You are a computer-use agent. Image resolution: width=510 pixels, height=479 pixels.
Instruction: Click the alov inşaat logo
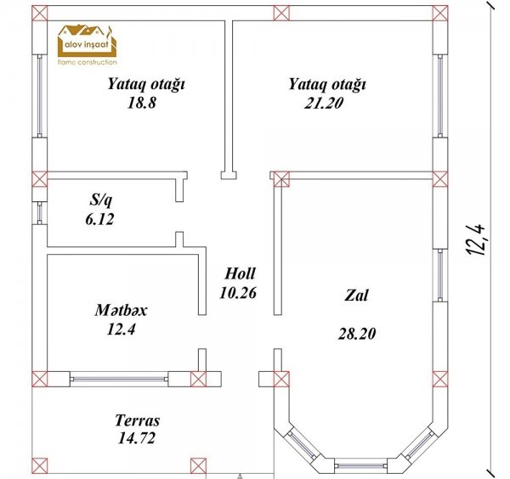point(87,45)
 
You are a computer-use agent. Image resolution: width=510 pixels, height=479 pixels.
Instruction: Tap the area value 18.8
point(142,103)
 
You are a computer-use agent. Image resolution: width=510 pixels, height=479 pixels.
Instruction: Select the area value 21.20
point(324,103)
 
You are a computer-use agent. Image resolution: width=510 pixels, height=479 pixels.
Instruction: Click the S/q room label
point(101,200)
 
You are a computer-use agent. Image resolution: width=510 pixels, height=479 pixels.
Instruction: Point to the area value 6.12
point(99,219)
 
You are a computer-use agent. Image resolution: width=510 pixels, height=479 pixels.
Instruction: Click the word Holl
point(240,273)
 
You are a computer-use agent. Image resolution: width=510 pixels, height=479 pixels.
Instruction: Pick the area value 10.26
point(238,293)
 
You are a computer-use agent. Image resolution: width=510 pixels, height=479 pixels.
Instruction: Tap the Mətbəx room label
point(121,310)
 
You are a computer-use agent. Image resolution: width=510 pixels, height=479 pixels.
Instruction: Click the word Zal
point(356,295)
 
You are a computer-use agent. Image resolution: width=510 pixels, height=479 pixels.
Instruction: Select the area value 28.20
point(357,334)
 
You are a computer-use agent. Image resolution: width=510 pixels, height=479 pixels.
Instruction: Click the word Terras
point(138,420)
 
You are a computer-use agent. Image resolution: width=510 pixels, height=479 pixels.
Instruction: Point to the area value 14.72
point(137,438)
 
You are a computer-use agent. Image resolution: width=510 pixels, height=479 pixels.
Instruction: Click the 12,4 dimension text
point(477,239)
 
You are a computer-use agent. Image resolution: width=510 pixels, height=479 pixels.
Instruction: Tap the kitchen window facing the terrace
point(119,379)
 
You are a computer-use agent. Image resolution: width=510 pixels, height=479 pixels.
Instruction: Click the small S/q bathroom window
point(40,213)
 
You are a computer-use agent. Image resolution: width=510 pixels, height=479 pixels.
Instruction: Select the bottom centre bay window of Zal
point(361,465)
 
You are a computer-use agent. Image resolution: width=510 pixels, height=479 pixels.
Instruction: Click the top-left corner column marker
point(40,13)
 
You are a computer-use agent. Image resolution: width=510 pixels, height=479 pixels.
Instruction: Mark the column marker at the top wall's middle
point(281,13)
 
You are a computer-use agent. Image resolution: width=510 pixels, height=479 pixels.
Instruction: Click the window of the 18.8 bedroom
point(40,96)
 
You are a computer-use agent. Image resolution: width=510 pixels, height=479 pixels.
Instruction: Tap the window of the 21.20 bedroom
point(440,96)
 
